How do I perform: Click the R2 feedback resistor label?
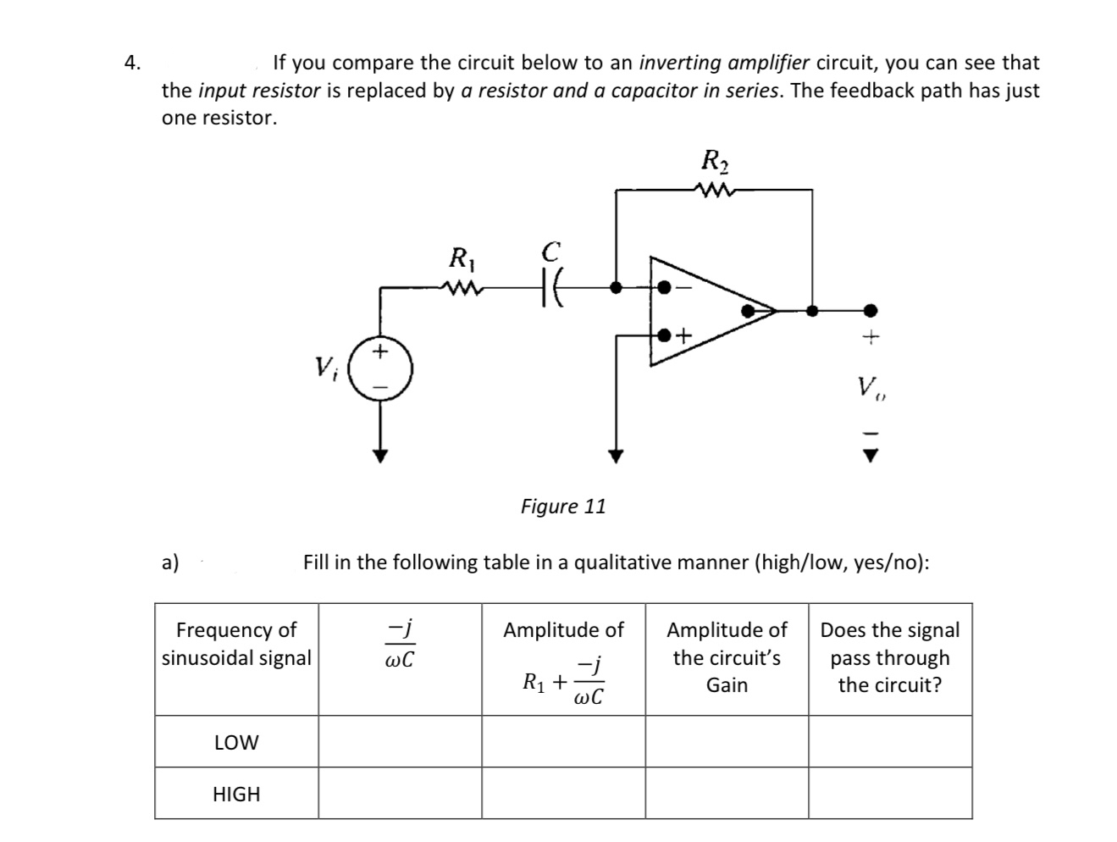(716, 161)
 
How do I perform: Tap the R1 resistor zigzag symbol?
(462, 289)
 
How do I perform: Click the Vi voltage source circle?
(381, 368)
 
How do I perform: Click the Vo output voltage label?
(870, 389)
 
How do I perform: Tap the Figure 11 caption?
(563, 507)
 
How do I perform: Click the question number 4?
(132, 63)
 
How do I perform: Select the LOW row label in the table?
(236, 742)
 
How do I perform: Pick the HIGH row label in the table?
(236, 794)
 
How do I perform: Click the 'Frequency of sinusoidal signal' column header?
(236, 644)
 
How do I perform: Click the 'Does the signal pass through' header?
(890, 657)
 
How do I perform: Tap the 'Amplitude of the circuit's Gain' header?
(727, 657)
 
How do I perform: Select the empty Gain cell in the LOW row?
(727, 742)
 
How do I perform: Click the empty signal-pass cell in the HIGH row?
(890, 794)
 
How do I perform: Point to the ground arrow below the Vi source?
(381, 455)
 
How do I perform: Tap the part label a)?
(170, 562)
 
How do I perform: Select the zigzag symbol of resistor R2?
(716, 190)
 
